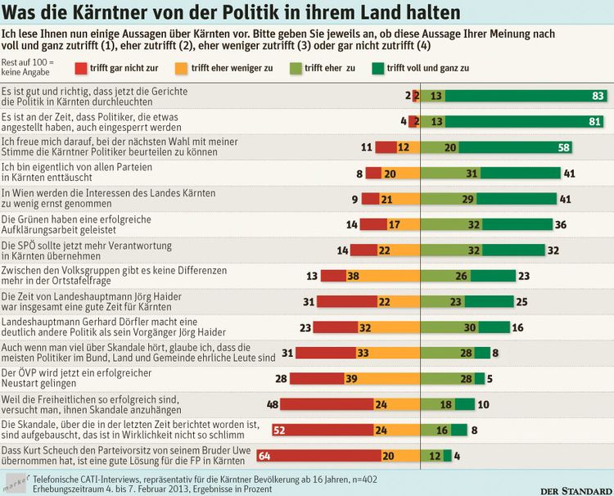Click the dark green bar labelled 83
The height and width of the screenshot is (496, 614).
tap(520, 96)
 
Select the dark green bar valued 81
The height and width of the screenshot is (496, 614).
tap(517, 122)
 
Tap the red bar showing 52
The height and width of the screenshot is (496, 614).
tap(331, 429)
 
